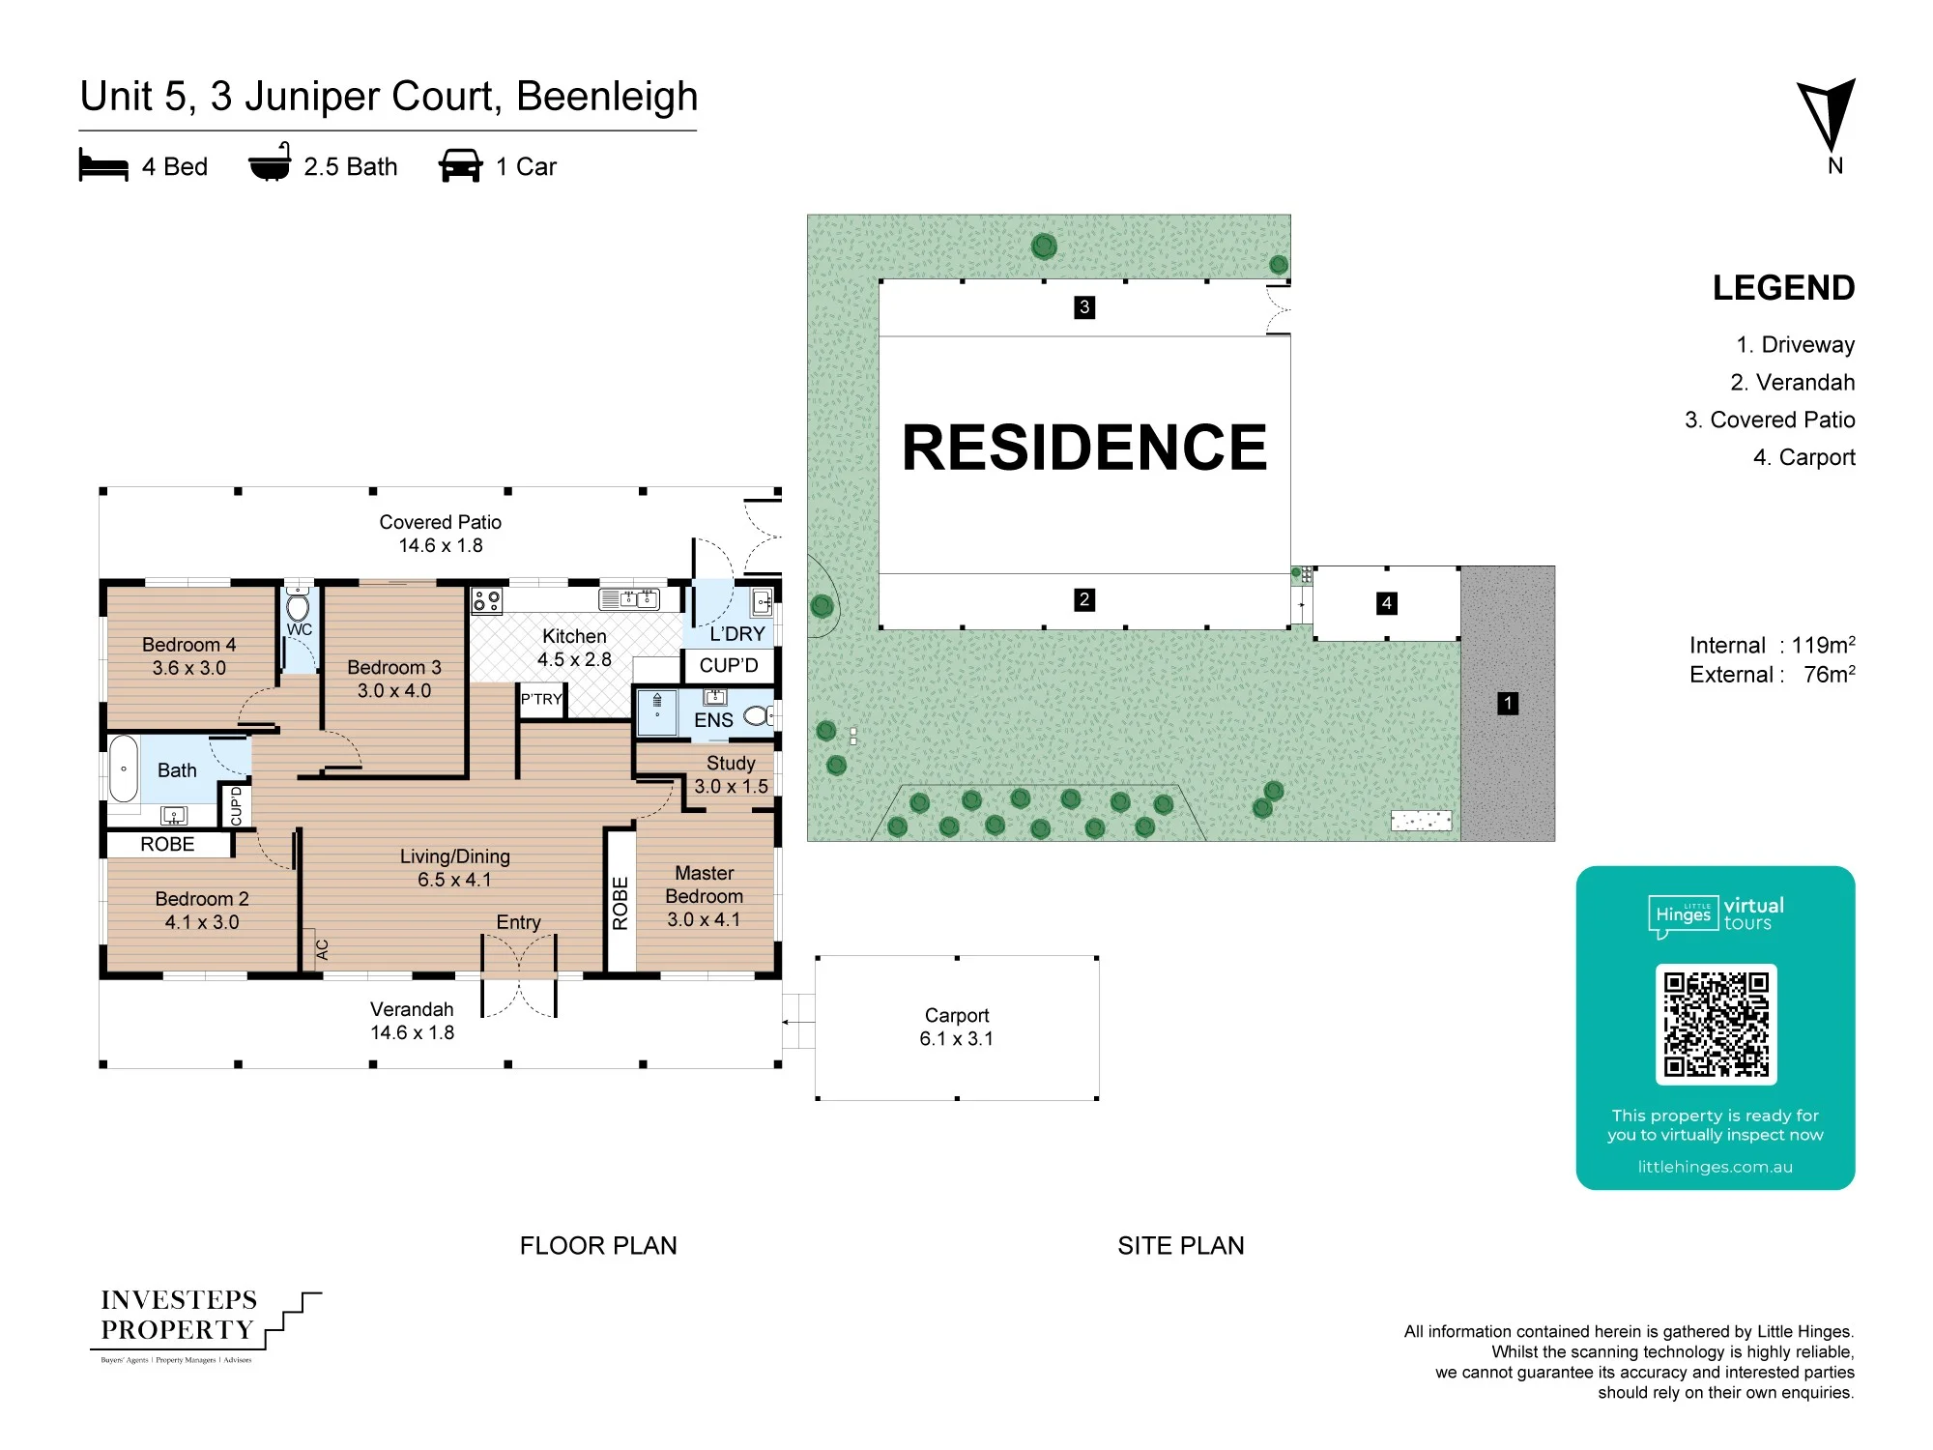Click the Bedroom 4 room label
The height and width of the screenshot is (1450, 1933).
(x=188, y=645)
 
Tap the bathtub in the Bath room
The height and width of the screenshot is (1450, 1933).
(x=124, y=769)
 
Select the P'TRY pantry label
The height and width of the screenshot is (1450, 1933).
(x=541, y=699)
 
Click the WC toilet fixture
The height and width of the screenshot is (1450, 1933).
(x=299, y=606)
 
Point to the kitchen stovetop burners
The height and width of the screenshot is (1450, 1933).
(x=486, y=601)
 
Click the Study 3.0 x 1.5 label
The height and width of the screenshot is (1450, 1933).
(x=731, y=774)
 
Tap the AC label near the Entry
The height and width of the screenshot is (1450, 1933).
(x=323, y=949)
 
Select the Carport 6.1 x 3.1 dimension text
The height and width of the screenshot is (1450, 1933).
(x=957, y=1038)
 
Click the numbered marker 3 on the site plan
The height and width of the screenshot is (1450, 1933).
(x=1084, y=307)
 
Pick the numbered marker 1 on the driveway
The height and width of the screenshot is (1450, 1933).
(x=1508, y=703)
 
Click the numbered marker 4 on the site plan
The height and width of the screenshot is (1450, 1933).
(x=1387, y=603)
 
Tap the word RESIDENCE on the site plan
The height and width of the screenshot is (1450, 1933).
(x=1084, y=447)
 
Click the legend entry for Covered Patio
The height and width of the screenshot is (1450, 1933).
(x=1770, y=420)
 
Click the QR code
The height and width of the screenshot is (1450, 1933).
(x=1716, y=1024)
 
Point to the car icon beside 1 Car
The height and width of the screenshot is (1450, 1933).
(x=460, y=165)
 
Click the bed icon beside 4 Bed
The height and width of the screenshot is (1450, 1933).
(x=103, y=165)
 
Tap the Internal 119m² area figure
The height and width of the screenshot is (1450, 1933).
(x=1772, y=645)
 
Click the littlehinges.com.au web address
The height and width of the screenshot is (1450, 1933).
(x=1715, y=1167)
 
